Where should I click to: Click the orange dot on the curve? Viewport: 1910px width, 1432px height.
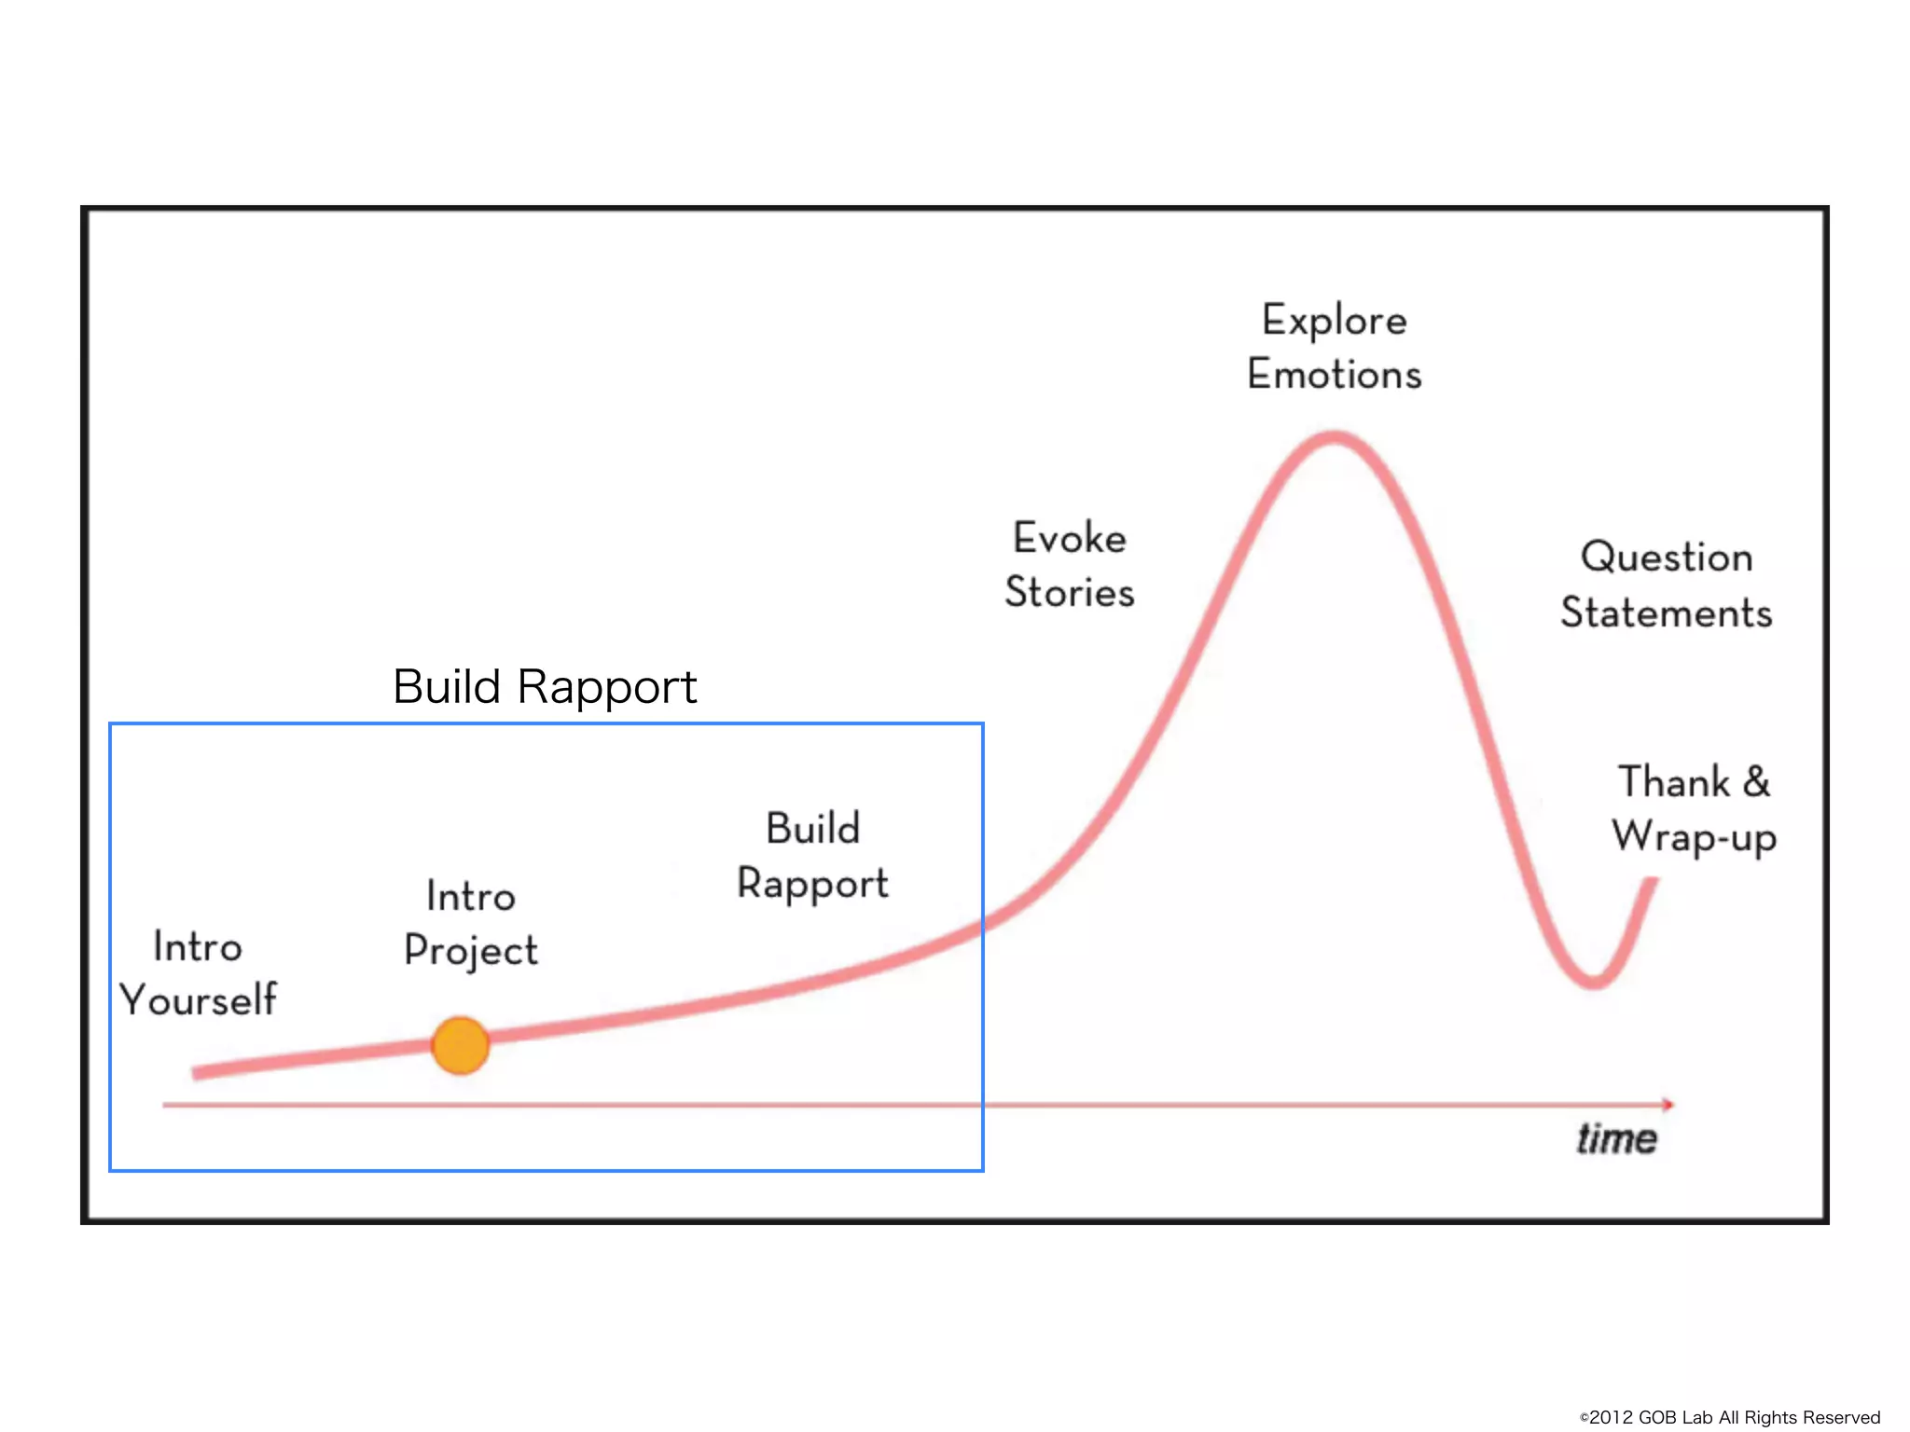[x=461, y=1045]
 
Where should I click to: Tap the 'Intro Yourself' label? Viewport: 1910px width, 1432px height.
[x=198, y=972]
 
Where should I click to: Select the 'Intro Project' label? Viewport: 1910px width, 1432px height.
[x=471, y=923]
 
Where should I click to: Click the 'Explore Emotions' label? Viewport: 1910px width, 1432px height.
[x=1335, y=347]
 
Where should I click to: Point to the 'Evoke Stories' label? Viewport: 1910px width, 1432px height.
[x=1070, y=565]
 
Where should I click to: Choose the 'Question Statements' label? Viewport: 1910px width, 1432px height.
[x=1667, y=585]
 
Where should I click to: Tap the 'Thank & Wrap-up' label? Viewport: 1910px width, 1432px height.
[x=1694, y=808]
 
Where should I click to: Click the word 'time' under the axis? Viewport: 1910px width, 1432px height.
[x=1616, y=1138]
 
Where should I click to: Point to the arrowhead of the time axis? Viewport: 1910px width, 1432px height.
[x=1668, y=1104]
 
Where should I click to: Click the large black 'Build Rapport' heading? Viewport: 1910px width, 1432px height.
[x=545, y=687]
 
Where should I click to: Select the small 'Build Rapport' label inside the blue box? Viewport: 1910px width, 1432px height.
[x=812, y=856]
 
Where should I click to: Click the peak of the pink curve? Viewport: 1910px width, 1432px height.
[x=1335, y=437]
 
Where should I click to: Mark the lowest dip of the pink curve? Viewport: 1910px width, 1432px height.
[x=1594, y=981]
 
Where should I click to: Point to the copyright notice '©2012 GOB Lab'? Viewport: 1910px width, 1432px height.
[x=1730, y=1417]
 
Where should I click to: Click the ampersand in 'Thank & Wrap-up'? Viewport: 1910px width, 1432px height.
[x=1756, y=781]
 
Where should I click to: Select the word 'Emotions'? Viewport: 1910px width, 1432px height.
[x=1335, y=375]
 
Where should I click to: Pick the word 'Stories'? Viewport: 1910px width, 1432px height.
[x=1070, y=592]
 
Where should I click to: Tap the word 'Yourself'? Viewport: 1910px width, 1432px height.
[x=198, y=999]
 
